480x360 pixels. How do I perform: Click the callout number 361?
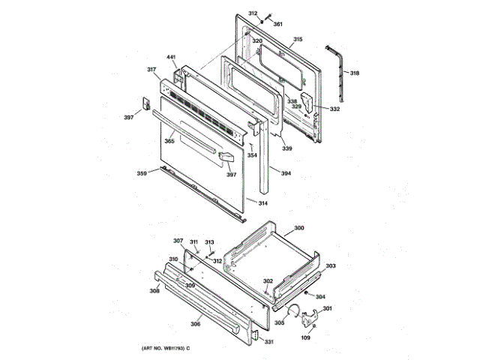pyautogui.click(x=277, y=24)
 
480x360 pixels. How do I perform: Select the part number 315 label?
pyautogui.click(x=298, y=39)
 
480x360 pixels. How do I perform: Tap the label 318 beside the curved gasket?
pyautogui.click(x=355, y=73)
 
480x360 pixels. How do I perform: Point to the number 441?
pyautogui.click(x=171, y=58)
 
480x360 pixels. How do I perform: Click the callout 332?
pyautogui.click(x=334, y=109)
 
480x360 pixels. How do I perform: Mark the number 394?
pyautogui.click(x=286, y=173)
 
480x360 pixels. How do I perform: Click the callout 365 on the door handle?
pyautogui.click(x=169, y=140)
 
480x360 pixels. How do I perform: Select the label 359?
pyautogui.click(x=142, y=174)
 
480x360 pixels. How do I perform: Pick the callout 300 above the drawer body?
pyautogui.click(x=298, y=227)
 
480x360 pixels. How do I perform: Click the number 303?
pyautogui.click(x=331, y=266)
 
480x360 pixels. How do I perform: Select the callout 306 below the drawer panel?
pyautogui.click(x=195, y=323)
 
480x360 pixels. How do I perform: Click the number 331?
pyautogui.click(x=269, y=343)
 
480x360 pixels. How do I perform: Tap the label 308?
pyautogui.click(x=154, y=290)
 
